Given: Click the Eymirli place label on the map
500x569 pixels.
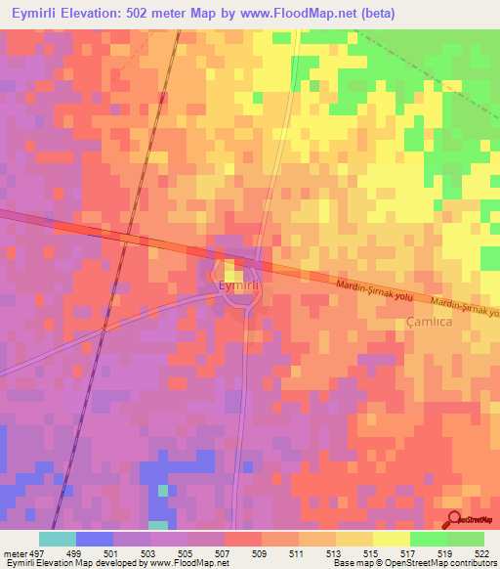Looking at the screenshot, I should [x=237, y=285].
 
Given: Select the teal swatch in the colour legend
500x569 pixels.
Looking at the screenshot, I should [x=58, y=540].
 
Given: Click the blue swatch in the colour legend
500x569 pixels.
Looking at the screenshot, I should [x=95, y=540].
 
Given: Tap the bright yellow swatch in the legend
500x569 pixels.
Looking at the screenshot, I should [x=392, y=540].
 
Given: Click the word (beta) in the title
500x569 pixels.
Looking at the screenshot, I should [x=374, y=13].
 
